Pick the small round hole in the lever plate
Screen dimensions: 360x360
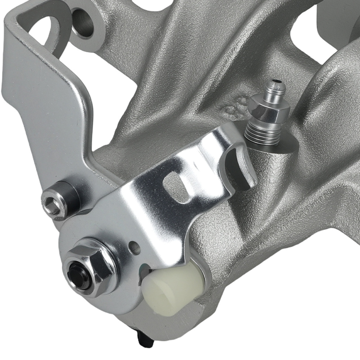coord(135,248)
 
